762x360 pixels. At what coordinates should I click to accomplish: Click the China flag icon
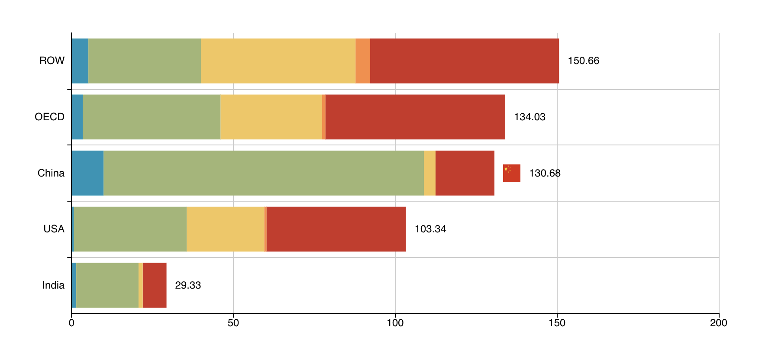pos(511,173)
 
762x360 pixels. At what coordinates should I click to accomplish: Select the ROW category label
pos(52,61)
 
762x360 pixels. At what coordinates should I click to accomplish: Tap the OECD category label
pos(49,117)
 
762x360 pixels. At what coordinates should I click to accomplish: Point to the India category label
pos(53,285)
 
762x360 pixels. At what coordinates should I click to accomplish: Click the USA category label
pos(54,229)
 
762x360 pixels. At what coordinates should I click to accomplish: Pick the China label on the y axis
pos(51,173)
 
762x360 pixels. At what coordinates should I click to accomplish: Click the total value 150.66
pos(583,61)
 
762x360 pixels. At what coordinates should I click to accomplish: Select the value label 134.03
pos(530,117)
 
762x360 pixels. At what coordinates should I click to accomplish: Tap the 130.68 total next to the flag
pos(545,173)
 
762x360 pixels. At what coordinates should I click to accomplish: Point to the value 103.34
pos(430,229)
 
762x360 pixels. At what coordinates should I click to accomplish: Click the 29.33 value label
pos(188,285)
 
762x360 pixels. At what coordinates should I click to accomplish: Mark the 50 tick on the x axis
pos(233,323)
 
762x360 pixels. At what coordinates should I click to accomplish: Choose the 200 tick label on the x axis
pos(719,323)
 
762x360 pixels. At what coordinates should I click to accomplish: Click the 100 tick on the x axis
pos(395,323)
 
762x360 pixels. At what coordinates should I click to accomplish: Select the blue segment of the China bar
pos(87,173)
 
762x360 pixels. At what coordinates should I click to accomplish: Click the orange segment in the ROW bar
pos(363,61)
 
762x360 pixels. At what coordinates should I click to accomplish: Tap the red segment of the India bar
pos(155,285)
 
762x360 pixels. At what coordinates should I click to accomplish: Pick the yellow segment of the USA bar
pos(226,229)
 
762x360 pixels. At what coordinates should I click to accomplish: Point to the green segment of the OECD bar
pos(152,117)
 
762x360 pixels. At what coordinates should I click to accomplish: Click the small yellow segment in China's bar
pos(429,173)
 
